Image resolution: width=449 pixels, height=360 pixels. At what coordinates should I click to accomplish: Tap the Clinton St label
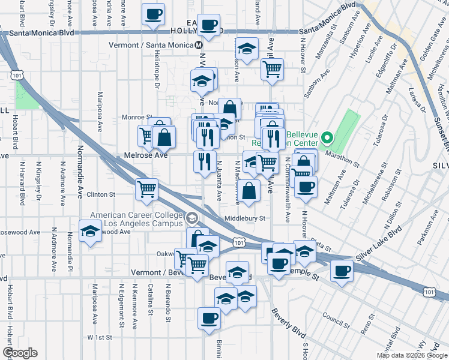point(100,194)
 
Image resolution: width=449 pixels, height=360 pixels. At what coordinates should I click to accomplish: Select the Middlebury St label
point(244,219)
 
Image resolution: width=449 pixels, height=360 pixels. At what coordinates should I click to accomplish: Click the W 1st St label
point(100,337)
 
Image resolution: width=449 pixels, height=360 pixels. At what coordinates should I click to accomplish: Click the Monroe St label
point(137,117)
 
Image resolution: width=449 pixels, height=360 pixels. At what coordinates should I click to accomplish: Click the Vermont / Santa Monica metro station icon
point(199,45)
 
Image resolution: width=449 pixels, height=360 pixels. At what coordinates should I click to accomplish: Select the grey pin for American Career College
point(191,218)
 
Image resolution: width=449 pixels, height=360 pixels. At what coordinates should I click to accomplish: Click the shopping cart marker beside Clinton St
point(146,190)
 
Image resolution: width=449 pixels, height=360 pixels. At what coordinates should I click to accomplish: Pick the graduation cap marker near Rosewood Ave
point(90,230)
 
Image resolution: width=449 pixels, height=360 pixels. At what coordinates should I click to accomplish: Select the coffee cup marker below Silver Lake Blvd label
point(342,271)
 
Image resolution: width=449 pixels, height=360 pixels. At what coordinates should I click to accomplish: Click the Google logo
point(20,353)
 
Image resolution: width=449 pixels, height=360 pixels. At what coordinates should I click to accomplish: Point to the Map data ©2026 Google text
point(412,355)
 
